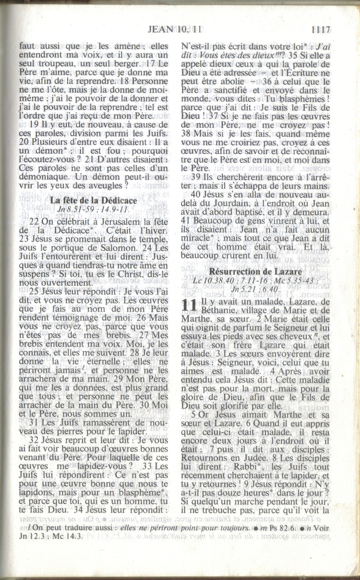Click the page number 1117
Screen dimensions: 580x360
tap(320, 30)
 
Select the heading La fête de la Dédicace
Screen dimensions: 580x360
tap(94, 200)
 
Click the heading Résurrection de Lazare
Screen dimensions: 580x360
tap(255, 271)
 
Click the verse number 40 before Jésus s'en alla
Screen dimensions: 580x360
tap(196, 195)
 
